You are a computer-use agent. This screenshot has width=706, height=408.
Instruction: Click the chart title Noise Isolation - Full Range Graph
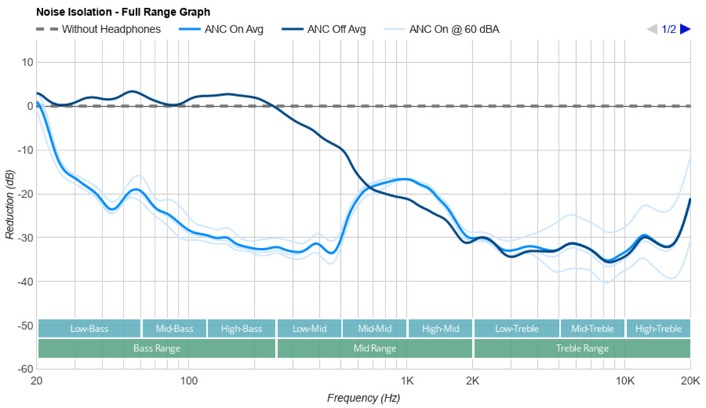click(x=123, y=12)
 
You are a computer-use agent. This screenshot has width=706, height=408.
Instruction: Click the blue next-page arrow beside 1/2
click(x=685, y=29)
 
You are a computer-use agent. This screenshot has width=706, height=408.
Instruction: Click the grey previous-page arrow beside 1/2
click(x=652, y=29)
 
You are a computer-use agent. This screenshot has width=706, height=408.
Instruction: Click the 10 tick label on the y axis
click(x=28, y=62)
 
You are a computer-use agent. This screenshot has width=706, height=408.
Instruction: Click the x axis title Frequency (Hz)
click(x=363, y=398)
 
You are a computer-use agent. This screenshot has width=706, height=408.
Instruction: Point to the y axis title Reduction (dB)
click(x=9, y=203)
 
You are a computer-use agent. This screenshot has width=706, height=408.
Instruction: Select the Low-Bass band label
click(x=89, y=329)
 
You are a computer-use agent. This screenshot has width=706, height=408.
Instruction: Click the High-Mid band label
click(x=440, y=329)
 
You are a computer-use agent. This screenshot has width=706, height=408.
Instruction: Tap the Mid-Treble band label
click(x=592, y=329)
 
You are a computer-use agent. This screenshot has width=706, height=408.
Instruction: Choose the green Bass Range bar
click(x=156, y=349)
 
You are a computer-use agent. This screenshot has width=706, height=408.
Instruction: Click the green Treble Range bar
click(x=582, y=349)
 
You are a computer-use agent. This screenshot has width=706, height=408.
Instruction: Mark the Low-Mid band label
click(x=309, y=329)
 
